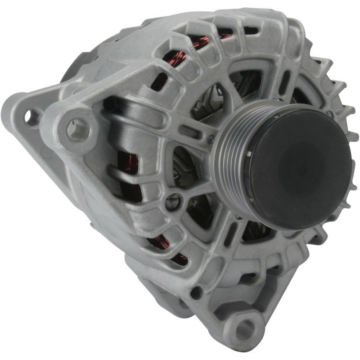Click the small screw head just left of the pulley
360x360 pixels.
[210, 140]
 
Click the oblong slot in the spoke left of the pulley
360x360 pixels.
[189, 131]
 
